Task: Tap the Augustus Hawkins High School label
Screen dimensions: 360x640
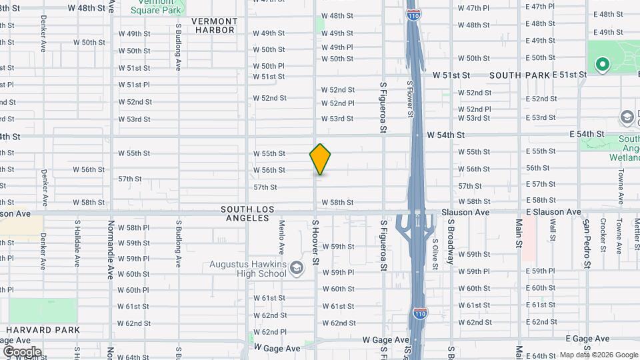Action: (247, 269)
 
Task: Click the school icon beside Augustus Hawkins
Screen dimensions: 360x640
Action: (297, 268)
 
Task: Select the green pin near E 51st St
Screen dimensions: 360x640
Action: (603, 65)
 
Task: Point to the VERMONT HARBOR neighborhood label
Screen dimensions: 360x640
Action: (213, 25)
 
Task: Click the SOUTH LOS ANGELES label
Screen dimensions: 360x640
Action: (248, 213)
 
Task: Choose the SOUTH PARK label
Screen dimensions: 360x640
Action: (519, 75)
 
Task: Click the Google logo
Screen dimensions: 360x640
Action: (21, 351)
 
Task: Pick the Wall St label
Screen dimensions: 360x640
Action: (553, 229)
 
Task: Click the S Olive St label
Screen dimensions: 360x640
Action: (435, 254)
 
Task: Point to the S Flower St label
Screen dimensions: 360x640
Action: (409, 98)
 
